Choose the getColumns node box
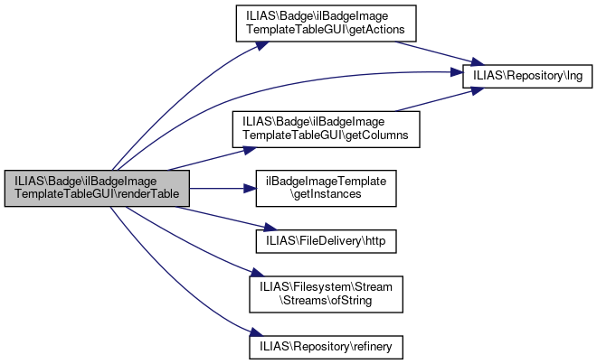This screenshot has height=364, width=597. tap(324, 126)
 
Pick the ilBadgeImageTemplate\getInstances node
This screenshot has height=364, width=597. tap(324, 188)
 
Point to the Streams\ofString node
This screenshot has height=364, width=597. tap(326, 293)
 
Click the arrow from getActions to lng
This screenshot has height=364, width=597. tap(434, 50)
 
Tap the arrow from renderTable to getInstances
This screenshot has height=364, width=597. tap(217, 188)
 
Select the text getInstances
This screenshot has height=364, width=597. tap(327, 194)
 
